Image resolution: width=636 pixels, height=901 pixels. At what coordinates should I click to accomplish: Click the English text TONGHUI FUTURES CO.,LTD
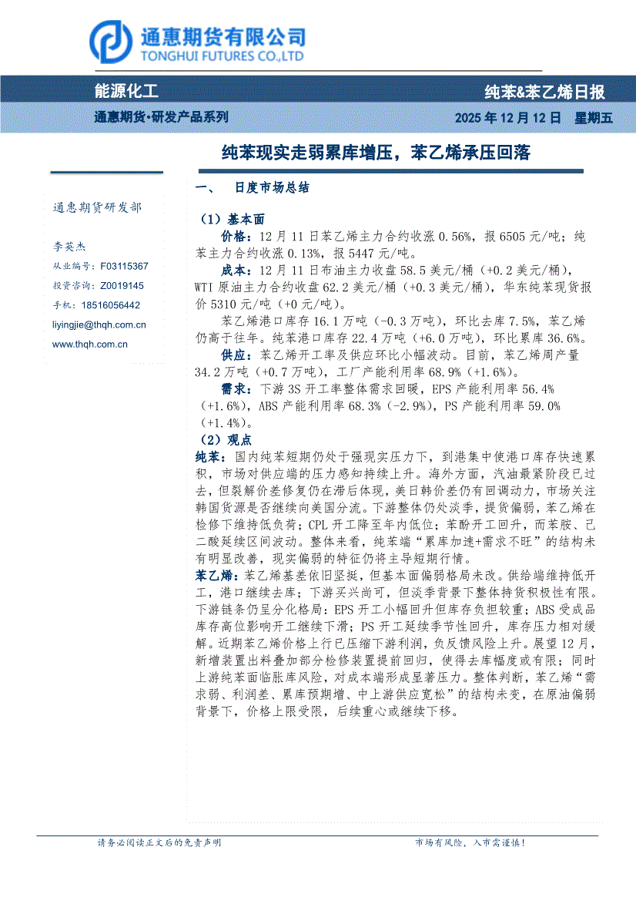(x=221, y=56)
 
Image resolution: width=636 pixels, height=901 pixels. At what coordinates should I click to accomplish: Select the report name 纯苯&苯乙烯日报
(x=544, y=92)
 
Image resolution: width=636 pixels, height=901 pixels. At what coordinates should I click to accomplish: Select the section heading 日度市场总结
(x=272, y=188)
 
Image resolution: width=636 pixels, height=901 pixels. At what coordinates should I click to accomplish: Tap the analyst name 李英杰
(x=69, y=247)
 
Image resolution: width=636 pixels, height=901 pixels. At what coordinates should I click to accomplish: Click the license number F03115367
(x=124, y=266)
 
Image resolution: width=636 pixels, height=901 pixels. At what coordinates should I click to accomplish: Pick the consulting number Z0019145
(x=122, y=286)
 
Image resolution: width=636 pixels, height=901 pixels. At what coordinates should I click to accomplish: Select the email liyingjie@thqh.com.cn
(x=99, y=325)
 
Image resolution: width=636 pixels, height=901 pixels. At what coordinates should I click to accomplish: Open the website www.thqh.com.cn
(x=89, y=345)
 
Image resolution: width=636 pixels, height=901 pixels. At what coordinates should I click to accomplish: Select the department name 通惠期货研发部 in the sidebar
(x=97, y=208)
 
